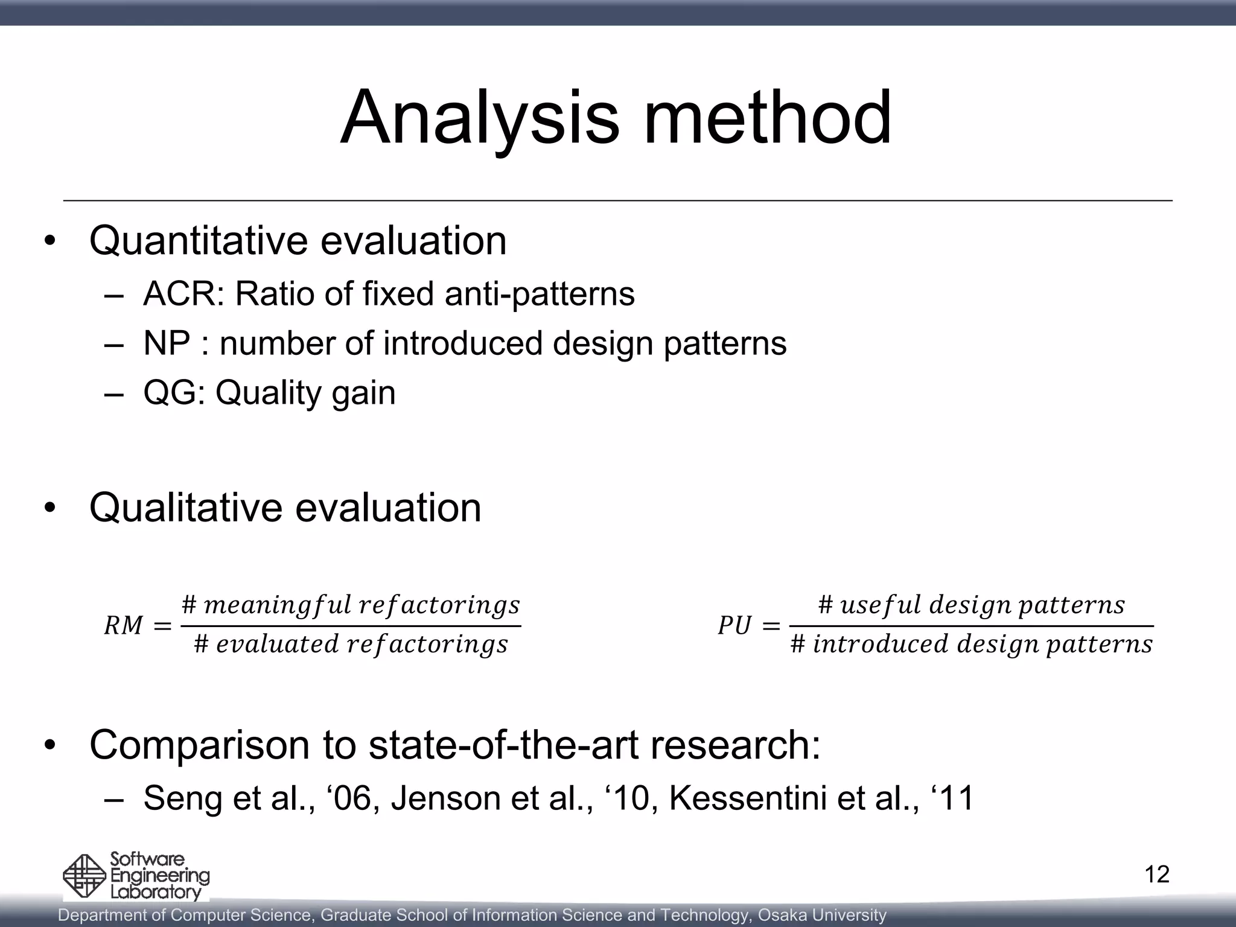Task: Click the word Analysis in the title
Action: [479, 118]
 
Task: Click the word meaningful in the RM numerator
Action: [278, 605]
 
